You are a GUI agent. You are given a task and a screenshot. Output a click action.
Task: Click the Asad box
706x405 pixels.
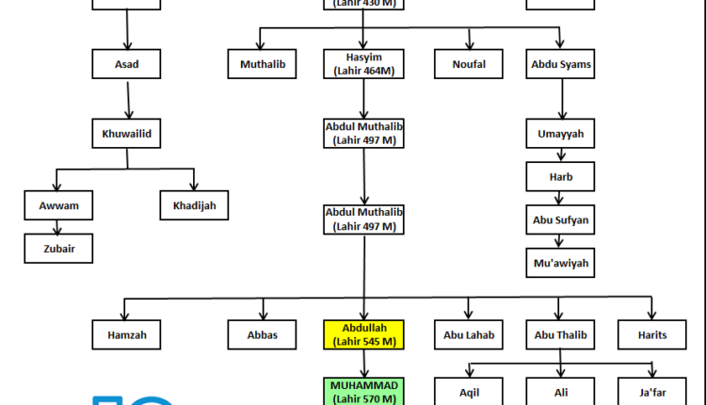click(126, 64)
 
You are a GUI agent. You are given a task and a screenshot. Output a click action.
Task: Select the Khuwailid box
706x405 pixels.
click(126, 134)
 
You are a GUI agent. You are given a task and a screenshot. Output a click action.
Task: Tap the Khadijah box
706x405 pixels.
click(194, 204)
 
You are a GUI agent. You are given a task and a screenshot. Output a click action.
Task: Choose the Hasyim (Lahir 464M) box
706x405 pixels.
click(363, 64)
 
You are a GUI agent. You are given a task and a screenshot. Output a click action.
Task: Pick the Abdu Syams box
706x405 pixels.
click(561, 64)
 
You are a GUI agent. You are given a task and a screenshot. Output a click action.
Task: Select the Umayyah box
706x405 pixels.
click(560, 134)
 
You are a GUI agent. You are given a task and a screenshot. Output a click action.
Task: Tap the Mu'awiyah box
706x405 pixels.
click(560, 263)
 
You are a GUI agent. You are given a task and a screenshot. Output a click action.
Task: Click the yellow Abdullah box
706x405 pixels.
click(363, 334)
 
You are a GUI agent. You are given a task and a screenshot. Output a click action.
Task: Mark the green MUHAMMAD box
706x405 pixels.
click(363, 391)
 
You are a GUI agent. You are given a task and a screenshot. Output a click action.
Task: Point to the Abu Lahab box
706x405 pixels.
click(468, 334)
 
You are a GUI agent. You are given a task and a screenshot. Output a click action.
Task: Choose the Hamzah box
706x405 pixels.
click(126, 334)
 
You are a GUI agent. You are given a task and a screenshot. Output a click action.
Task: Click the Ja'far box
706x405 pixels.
click(650, 391)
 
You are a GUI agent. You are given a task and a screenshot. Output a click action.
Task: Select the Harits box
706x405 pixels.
click(650, 334)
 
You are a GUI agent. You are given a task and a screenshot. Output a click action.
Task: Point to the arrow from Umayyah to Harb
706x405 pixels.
click(560, 156)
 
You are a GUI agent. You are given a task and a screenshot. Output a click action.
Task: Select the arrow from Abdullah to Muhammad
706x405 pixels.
click(363, 364)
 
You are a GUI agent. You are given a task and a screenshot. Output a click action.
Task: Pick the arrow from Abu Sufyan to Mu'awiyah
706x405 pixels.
click(560, 242)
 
